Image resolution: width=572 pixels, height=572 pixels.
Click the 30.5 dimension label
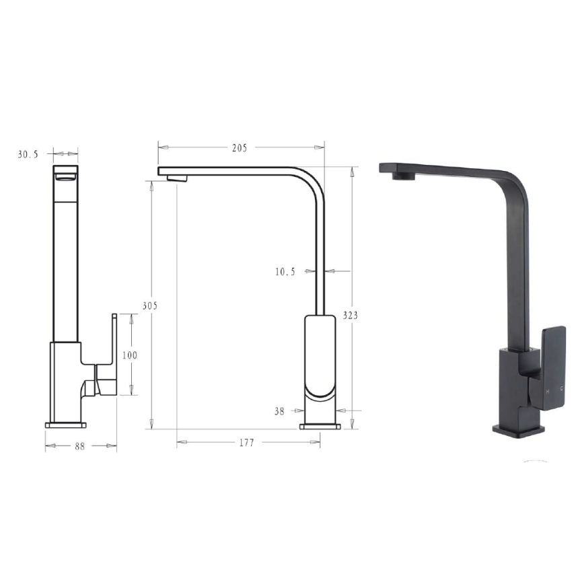coord(28,154)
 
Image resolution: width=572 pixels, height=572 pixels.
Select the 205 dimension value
coord(240,148)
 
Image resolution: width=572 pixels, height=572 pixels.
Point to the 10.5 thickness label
coord(285,272)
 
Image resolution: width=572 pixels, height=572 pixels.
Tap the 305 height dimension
coord(149,306)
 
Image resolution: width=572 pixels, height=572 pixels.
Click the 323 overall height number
coord(351,315)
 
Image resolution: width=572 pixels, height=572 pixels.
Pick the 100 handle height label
coord(130,355)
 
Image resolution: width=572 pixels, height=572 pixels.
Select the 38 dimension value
coord(279,411)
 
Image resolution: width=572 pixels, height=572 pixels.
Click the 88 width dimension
coord(80,446)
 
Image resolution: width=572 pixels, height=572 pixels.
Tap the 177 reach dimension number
coord(247,443)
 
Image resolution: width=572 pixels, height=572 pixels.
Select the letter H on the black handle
coord(548,391)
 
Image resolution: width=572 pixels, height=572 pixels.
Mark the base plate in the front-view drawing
coord(66,425)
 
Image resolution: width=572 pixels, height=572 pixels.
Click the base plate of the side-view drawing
coord(320,425)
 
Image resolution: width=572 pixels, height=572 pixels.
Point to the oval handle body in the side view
coord(320,357)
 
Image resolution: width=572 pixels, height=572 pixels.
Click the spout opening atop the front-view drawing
coord(65,176)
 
